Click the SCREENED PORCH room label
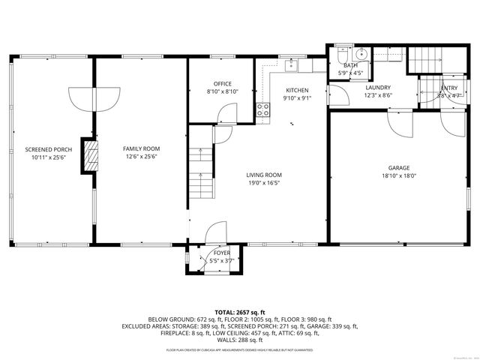pyautogui.click(x=48, y=149)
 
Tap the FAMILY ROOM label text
pyautogui.click(x=141, y=148)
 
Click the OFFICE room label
pyautogui.click(x=222, y=83)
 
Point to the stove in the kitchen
pyautogui.click(x=263, y=112)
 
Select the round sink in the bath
pyautogui.click(x=361, y=54)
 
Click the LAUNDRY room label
pyautogui.click(x=377, y=87)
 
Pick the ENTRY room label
pyautogui.click(x=449, y=88)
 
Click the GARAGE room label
pyautogui.click(x=398, y=167)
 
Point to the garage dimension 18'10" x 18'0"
pyautogui.click(x=398, y=177)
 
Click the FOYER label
pyautogui.click(x=222, y=253)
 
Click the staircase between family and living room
pyautogui.click(x=200, y=172)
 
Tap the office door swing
pyautogui.click(x=223, y=114)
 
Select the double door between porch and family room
pyautogui.click(x=94, y=98)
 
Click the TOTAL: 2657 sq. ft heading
pyautogui.click(x=240, y=312)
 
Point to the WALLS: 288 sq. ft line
pyautogui.click(x=240, y=339)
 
